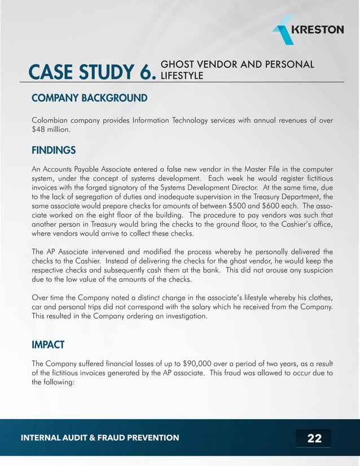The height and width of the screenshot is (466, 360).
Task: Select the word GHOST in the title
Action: pos(177,64)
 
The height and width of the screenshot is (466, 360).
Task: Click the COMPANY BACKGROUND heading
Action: pos(90,99)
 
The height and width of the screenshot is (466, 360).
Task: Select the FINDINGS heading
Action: pos(54,151)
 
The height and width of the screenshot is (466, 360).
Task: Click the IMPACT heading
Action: pos(48,343)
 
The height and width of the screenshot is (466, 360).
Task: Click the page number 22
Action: pos(314,438)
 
